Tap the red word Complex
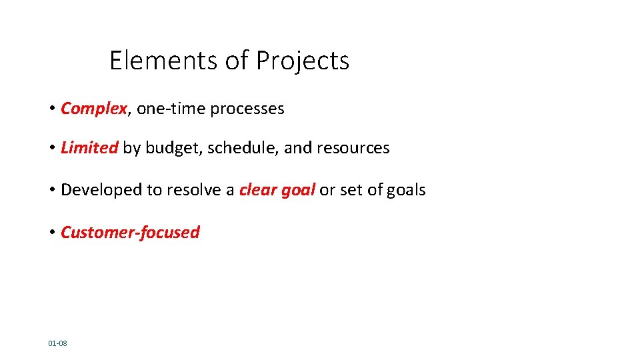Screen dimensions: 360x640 pyautogui.click(x=93, y=109)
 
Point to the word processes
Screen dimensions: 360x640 pyautogui.click(x=247, y=109)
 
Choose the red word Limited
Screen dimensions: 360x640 pyautogui.click(x=89, y=148)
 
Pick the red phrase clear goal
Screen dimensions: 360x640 pyautogui.click(x=277, y=190)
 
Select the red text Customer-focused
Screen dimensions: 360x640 pyautogui.click(x=130, y=232)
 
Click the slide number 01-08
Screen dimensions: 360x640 pyautogui.click(x=57, y=343)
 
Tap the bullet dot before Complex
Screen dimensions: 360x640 pyautogui.click(x=51, y=109)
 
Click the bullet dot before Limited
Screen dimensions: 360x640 pyautogui.click(x=51, y=148)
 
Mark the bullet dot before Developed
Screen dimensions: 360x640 pyautogui.click(x=51, y=190)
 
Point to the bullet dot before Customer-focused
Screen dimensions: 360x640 pyautogui.click(x=51, y=232)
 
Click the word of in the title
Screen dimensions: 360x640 pyautogui.click(x=237, y=61)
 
